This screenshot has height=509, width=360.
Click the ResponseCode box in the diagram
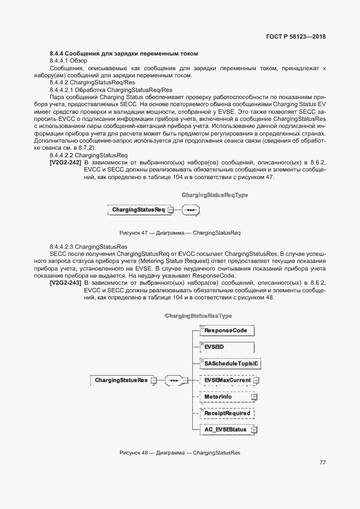click(225, 330)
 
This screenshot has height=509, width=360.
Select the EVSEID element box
click(225, 347)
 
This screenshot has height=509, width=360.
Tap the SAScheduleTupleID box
click(225, 363)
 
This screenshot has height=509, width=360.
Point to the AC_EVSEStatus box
click(225, 430)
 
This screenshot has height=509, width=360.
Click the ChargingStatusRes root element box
click(121, 380)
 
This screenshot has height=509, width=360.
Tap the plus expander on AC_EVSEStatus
click(254, 430)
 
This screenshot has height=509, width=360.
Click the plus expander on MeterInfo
click(254, 397)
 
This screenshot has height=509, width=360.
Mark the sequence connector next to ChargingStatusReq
click(174, 210)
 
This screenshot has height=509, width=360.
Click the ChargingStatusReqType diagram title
click(207, 195)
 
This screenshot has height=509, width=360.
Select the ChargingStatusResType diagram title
click(198, 316)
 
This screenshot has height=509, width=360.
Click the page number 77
click(322, 462)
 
